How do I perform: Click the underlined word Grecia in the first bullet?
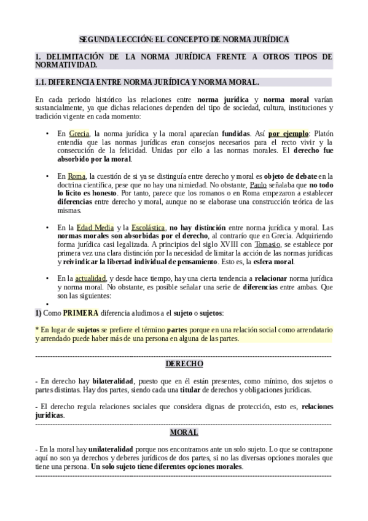point(79,133)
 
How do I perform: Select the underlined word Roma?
point(77,176)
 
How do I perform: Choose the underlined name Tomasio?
point(267,245)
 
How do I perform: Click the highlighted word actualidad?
point(90,278)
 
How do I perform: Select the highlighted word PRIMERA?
point(80,313)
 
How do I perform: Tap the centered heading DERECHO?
point(184,364)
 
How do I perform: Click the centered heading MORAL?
point(184,432)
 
